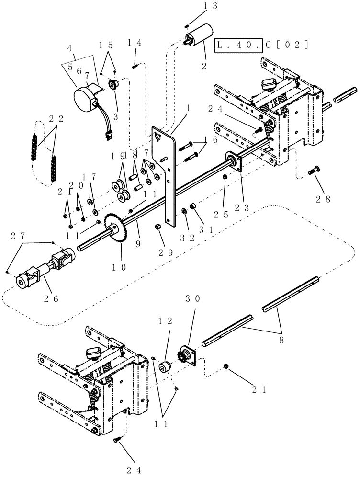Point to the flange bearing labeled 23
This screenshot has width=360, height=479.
[235, 163]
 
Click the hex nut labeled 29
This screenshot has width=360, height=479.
[159, 226]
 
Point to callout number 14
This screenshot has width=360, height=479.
[135, 43]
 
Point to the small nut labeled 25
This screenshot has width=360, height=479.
[225, 178]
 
